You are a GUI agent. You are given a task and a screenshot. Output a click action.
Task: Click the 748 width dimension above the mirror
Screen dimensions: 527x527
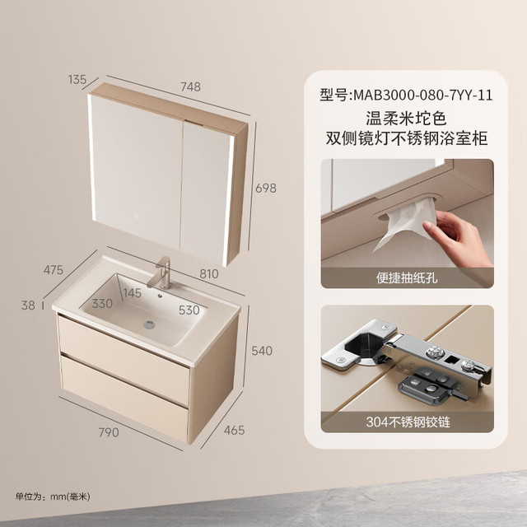190,86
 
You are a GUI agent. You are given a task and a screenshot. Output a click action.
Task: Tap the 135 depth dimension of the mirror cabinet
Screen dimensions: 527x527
77,79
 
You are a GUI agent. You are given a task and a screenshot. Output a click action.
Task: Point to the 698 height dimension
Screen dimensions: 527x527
266,188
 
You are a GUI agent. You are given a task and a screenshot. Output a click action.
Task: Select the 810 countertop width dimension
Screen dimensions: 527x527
209,274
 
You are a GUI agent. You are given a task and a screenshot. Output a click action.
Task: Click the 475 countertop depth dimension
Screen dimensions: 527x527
54,269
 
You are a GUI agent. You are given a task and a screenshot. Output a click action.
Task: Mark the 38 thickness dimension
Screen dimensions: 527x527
28,305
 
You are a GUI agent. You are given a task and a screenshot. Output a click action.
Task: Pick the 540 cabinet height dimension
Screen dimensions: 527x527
262,351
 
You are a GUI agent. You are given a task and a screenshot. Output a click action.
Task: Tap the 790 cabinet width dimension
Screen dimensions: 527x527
109,432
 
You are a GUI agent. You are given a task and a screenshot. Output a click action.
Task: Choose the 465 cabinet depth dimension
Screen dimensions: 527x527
234,430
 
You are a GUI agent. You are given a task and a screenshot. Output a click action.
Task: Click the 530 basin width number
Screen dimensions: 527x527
189,310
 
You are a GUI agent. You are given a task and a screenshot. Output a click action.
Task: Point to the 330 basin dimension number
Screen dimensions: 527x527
102,304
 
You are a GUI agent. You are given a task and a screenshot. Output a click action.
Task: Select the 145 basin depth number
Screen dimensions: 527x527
133,293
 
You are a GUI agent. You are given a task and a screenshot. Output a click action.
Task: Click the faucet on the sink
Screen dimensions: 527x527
161,273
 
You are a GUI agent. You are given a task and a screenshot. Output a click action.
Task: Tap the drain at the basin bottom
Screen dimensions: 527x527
149,324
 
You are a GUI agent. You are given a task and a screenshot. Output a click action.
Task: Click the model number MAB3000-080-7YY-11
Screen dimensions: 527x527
423,96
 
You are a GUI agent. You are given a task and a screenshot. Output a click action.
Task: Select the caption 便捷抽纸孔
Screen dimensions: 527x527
407,278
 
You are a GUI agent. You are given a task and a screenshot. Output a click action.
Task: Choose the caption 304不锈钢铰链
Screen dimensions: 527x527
408,422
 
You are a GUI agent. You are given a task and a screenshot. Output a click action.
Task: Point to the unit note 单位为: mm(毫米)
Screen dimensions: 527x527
53,497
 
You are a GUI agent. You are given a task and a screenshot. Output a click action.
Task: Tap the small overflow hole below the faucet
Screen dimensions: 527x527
160,296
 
